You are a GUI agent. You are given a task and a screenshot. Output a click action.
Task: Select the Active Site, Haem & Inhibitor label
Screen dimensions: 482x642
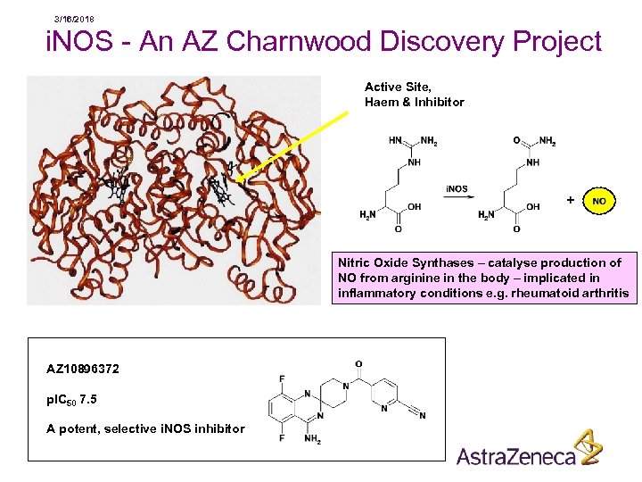pyautogui.click(x=414, y=95)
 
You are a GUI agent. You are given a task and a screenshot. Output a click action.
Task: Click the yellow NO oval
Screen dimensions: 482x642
pyautogui.click(x=598, y=202)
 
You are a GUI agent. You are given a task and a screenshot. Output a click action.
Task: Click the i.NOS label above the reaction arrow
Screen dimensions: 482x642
pyautogui.click(x=456, y=189)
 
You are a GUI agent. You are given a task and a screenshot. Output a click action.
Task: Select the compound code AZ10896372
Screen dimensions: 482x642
pyautogui.click(x=83, y=369)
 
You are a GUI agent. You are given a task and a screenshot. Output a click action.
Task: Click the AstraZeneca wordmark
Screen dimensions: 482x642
pyautogui.click(x=516, y=456)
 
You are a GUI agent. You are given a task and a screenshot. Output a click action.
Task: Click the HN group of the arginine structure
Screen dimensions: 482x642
pyautogui.click(x=395, y=140)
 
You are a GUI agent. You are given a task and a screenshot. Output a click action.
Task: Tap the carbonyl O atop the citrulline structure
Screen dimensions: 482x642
pyautogui.click(x=517, y=140)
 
